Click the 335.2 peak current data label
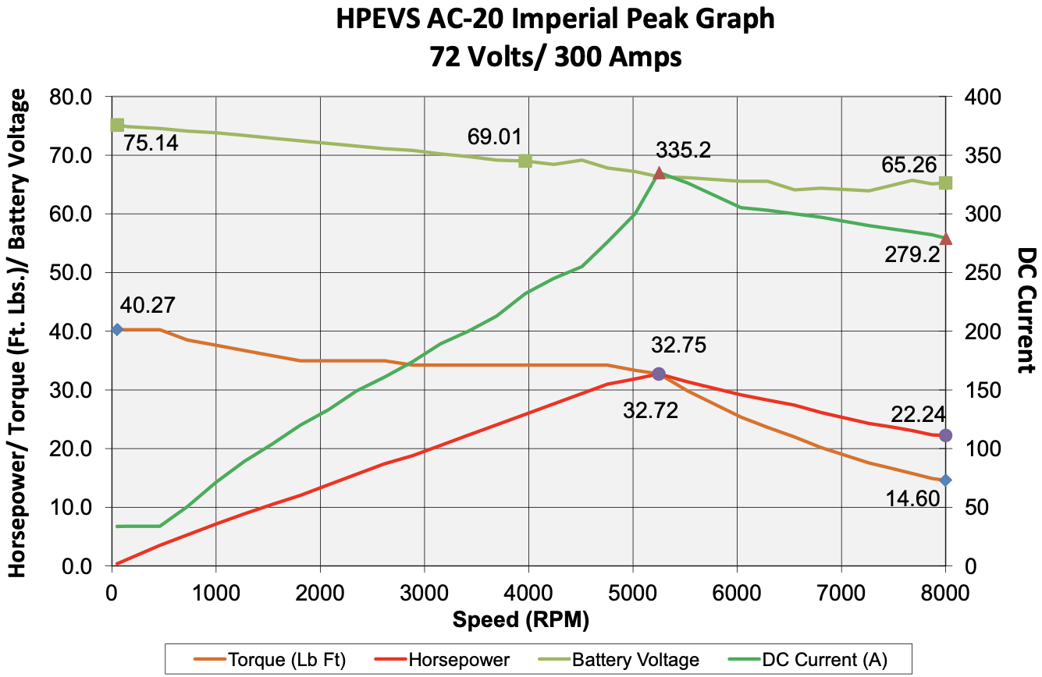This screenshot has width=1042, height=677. pyautogui.click(x=684, y=150)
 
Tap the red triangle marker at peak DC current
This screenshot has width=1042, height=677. pyautogui.click(x=659, y=173)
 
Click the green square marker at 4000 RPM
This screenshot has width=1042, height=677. pyautogui.click(x=525, y=161)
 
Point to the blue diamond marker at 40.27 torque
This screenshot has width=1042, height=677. pyautogui.click(x=118, y=330)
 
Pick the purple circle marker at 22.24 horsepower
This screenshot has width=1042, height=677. pyautogui.click(x=945, y=435)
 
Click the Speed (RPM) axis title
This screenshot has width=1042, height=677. pyautogui.click(x=521, y=620)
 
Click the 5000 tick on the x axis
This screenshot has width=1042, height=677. pyautogui.click(x=632, y=587)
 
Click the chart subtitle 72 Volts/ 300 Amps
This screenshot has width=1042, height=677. pyautogui.click(x=556, y=56)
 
